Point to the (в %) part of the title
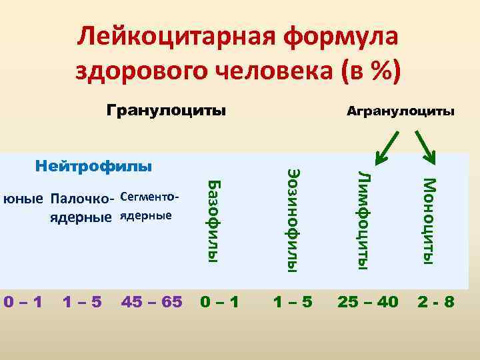pyautogui.click(x=367, y=71)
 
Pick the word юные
pyautogui.click(x=23, y=199)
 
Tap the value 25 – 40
pyautogui.click(x=367, y=302)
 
